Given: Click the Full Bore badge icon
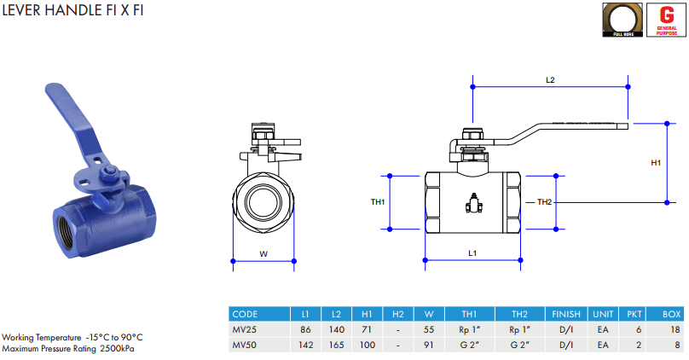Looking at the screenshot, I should click(622, 19).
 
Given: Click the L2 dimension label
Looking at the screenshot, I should click(550, 79).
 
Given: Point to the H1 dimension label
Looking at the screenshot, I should click(656, 162).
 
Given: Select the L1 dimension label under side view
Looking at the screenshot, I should click(472, 253).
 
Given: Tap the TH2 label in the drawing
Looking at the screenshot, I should click(545, 202).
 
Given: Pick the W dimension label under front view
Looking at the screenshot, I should click(263, 253).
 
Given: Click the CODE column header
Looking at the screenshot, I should click(245, 314).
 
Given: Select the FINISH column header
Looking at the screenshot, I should click(566, 314).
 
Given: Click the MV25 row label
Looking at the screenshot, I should click(244, 329).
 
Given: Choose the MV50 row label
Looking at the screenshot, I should click(244, 345).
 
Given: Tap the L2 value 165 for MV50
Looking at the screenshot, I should click(336, 345).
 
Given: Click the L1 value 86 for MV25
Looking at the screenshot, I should click(305, 329).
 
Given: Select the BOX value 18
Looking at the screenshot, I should click(675, 329).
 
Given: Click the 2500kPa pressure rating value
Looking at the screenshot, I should click(118, 348).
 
